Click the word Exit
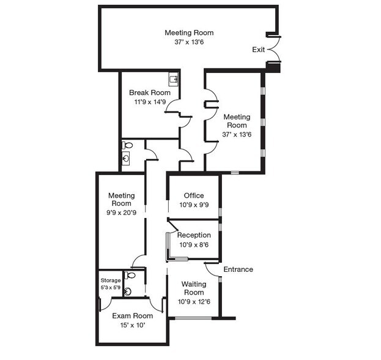pyautogui.click(x=258, y=50)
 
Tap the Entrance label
pyautogui.click(x=238, y=269)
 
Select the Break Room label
pyautogui.click(x=150, y=93)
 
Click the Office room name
pyautogui.click(x=194, y=196)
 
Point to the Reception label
pyautogui.click(x=194, y=235)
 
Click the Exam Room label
pyautogui.click(x=132, y=316)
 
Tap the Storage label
pyautogui.click(x=111, y=280)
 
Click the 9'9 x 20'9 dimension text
pyautogui.click(x=121, y=213)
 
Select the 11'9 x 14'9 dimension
pyautogui.click(x=150, y=102)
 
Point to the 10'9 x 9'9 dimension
pyautogui.click(x=194, y=205)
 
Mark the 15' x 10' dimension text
pyautogui.click(x=132, y=325)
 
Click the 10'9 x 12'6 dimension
pyautogui.click(x=194, y=301)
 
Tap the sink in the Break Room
pyautogui.click(x=173, y=78)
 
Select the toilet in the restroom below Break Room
pyautogui.click(x=127, y=146)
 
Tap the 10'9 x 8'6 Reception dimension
pyautogui.click(x=194, y=245)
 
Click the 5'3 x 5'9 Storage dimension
pyautogui.click(x=111, y=287)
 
